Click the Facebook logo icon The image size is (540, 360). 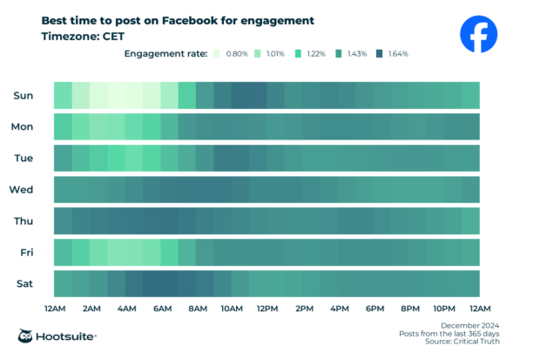478,35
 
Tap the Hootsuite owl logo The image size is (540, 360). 27,336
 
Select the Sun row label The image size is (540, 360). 23,95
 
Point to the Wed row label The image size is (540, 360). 22,189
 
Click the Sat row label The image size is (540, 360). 24,283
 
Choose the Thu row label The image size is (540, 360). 23,221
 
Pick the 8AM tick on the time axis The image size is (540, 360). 197,309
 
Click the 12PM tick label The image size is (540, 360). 268,309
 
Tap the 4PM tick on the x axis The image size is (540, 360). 339,309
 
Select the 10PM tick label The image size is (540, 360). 445,309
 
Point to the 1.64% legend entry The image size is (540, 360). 392,54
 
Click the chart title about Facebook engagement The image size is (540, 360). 178,20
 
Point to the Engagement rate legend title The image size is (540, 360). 165,54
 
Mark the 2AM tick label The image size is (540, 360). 90,309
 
